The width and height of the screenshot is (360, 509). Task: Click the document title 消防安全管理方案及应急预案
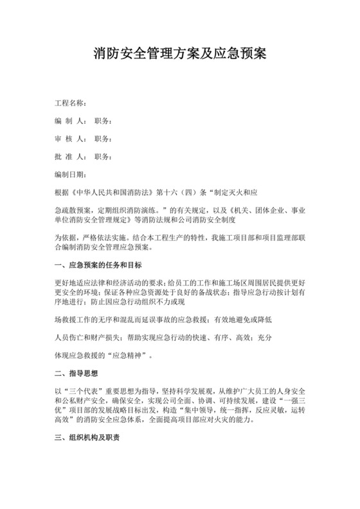click(x=179, y=51)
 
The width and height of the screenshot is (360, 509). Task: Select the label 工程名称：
click(x=71, y=103)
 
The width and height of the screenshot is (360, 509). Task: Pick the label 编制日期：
click(x=71, y=174)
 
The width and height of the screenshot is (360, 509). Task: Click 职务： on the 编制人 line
click(x=104, y=121)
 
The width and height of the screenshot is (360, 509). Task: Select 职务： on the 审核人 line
click(x=104, y=138)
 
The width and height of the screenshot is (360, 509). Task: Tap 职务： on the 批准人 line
click(x=104, y=156)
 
